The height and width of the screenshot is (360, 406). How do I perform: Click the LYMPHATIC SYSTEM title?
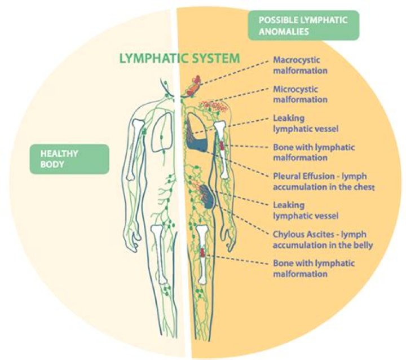point(180,58)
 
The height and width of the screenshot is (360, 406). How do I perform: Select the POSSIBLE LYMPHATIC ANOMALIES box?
point(303,25)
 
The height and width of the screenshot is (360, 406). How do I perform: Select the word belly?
point(361,245)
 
